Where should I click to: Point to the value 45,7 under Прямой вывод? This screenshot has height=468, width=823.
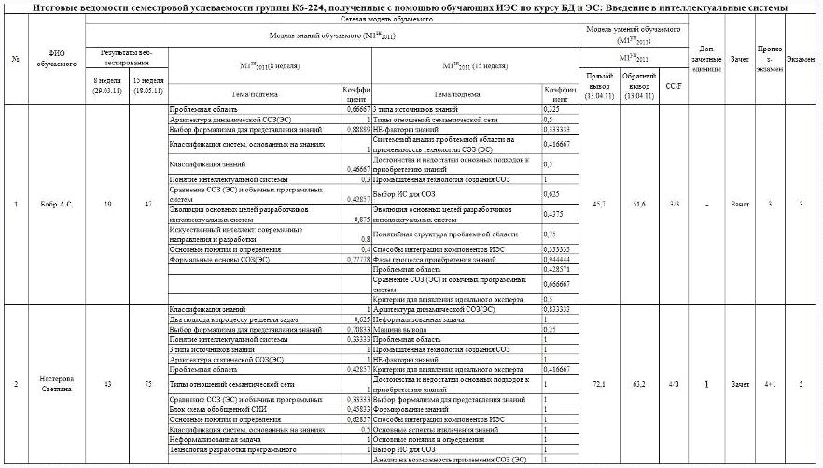(x=600, y=203)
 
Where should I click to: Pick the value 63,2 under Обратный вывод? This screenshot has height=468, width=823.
(x=640, y=383)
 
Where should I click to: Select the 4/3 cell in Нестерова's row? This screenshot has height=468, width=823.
(x=672, y=383)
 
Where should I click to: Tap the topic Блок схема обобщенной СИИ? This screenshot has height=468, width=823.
(x=206, y=410)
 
